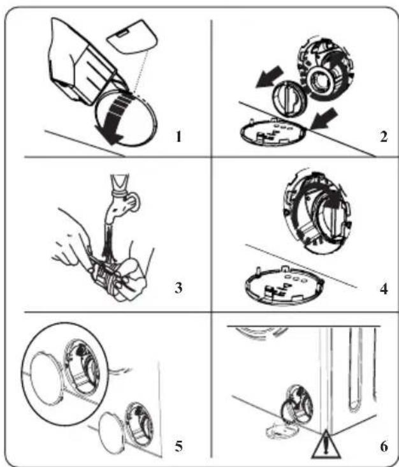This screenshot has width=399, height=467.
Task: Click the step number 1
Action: click(x=178, y=137)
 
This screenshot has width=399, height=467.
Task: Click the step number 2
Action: click(x=384, y=137)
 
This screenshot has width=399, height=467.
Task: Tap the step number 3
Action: click(x=178, y=288)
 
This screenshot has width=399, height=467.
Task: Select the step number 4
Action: click(x=384, y=288)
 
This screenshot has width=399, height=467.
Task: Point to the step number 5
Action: click(x=178, y=446)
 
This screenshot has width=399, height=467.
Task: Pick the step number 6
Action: click(x=384, y=447)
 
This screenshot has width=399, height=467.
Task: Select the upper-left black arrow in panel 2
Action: click(x=269, y=77)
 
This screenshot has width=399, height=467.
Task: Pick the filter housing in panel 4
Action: click(x=317, y=211)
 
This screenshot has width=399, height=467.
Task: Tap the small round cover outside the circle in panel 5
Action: click(x=112, y=431)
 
